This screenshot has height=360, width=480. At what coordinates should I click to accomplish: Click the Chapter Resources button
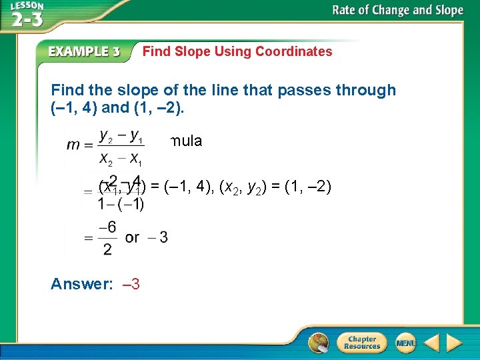click(x=361, y=343)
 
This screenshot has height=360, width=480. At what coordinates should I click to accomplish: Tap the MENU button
click(x=405, y=343)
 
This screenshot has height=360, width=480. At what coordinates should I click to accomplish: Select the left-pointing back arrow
click(x=431, y=343)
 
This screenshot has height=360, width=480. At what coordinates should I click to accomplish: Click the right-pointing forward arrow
click(x=454, y=343)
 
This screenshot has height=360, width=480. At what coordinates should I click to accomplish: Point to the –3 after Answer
click(x=131, y=284)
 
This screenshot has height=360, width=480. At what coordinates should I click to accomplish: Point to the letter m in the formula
click(x=73, y=146)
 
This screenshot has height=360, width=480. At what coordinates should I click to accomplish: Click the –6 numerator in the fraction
click(x=107, y=227)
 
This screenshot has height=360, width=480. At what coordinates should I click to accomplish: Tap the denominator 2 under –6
click(x=108, y=249)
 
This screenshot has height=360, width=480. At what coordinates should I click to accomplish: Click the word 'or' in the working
click(x=132, y=237)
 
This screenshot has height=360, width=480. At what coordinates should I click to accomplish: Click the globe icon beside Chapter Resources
click(x=319, y=343)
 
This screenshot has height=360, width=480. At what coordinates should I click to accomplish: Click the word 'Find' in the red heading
click(x=157, y=51)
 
